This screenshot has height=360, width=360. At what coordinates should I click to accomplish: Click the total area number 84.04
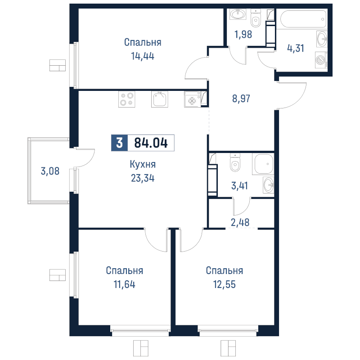(x=151, y=143)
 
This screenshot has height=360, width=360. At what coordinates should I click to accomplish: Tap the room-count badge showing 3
(x=119, y=143)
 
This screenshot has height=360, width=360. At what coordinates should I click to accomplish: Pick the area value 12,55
(x=225, y=284)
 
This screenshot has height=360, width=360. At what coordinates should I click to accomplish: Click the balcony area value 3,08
(x=50, y=171)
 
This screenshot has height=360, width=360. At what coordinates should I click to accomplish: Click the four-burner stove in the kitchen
(x=126, y=99)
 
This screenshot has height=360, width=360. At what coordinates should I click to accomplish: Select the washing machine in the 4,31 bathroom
(x=321, y=58)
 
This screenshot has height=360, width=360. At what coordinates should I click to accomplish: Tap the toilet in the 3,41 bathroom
(x=235, y=164)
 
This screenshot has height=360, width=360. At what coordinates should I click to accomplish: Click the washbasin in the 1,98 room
(x=237, y=14)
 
